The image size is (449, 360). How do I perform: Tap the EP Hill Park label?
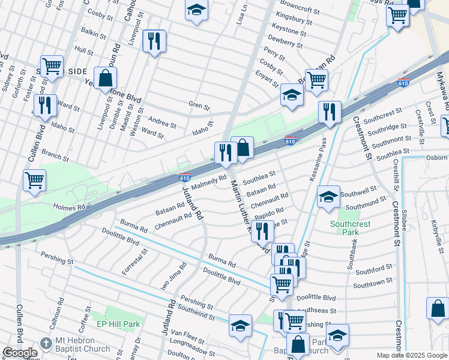coord(118,325)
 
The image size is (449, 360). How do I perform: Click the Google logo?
coord(20,353)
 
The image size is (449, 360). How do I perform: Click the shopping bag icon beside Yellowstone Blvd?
coord(105,79)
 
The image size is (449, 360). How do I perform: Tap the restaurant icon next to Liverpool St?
coord(154,41)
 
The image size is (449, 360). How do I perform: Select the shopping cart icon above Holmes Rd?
coord(35,179)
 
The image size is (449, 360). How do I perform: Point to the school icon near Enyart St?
coord(292,95)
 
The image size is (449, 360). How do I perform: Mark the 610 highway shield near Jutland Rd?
coord(185,178)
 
